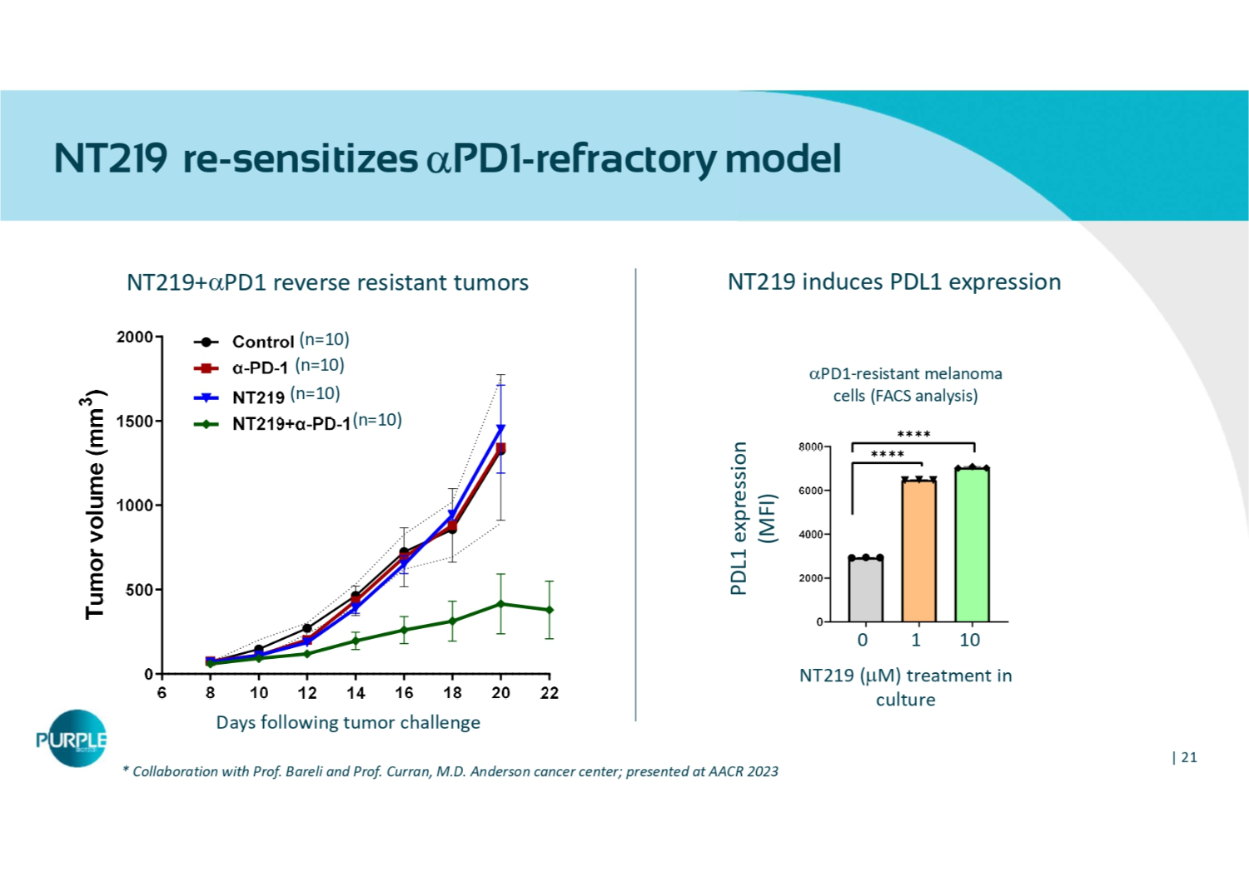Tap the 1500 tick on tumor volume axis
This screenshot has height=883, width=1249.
click(135, 422)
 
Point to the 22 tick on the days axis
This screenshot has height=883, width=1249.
click(549, 693)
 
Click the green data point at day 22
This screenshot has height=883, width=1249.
click(549, 610)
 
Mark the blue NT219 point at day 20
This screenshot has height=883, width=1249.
click(500, 429)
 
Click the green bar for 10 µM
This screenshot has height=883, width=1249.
click(972, 545)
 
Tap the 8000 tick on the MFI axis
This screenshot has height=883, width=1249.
click(810, 447)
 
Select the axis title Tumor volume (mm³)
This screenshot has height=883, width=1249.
click(96, 505)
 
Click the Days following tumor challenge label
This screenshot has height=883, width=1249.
click(348, 722)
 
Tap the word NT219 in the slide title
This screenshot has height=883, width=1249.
click(110, 158)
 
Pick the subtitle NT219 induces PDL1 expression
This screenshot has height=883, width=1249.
click(893, 282)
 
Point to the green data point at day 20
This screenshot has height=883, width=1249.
click(500, 604)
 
